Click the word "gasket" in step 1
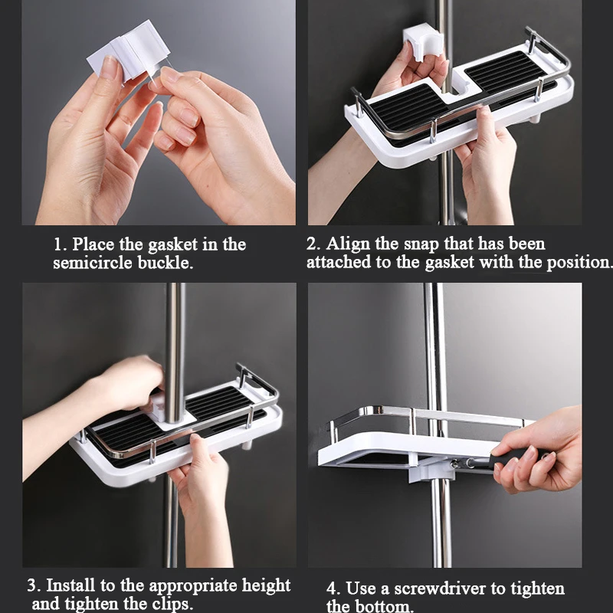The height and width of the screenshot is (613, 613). (173, 245)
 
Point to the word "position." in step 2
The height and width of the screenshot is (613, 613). (579, 262)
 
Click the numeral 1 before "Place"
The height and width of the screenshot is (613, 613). (58, 244)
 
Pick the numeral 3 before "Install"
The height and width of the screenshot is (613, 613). (33, 585)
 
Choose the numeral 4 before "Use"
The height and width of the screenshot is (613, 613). (333, 588)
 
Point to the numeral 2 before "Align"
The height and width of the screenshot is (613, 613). (313, 244)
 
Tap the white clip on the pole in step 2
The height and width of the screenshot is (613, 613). (423, 42)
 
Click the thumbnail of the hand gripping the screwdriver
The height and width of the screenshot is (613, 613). (540, 451)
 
